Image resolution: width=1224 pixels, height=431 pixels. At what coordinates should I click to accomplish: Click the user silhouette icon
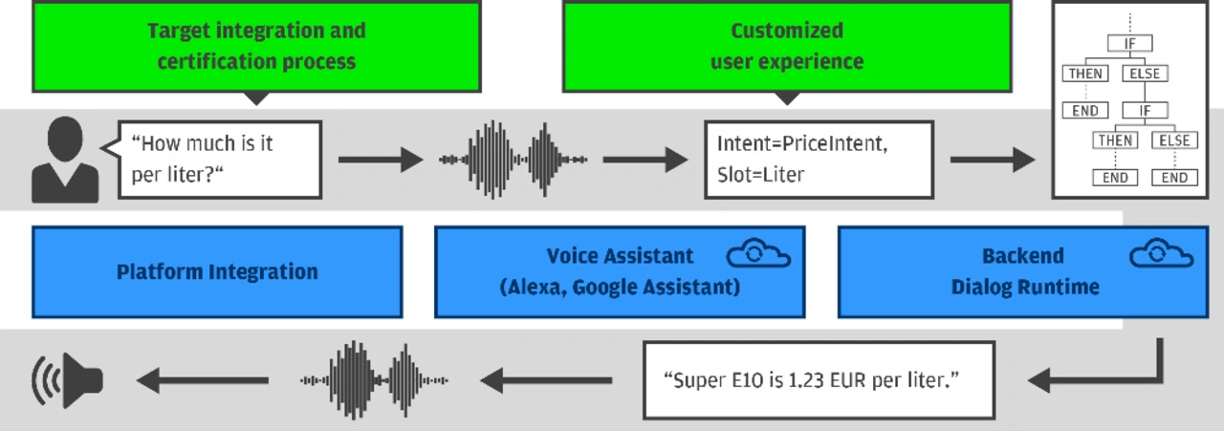65,160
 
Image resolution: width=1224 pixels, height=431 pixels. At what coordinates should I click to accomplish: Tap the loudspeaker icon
68,380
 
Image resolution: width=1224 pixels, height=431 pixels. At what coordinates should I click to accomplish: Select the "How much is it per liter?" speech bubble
220,160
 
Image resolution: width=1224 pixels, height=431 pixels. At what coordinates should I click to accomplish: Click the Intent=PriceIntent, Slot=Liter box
820,160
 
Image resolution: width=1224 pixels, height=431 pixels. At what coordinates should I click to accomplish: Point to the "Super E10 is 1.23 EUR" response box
820,380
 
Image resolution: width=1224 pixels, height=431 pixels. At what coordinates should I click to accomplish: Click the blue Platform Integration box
217,272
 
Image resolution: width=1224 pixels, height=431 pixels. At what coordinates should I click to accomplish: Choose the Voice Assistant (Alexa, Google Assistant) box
620,272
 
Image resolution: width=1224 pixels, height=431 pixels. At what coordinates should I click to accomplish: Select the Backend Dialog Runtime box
1023,272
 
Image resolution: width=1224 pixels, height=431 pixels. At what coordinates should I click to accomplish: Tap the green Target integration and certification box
257,47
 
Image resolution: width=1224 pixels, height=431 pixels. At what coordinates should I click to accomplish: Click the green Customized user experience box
787,47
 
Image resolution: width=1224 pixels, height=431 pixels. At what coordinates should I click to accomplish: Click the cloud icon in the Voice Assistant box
758,253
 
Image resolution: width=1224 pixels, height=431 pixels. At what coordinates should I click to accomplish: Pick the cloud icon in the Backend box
1162,253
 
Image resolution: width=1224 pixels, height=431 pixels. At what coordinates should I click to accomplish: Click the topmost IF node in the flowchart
1130,43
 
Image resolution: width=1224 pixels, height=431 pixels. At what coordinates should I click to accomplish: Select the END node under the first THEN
1085,110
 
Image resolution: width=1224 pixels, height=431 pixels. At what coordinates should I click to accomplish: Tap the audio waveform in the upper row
514,160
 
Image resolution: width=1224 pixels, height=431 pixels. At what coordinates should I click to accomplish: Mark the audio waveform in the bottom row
374,380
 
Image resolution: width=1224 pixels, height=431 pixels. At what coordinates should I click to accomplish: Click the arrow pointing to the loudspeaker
202,380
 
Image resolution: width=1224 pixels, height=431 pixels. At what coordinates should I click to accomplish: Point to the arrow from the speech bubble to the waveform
381,160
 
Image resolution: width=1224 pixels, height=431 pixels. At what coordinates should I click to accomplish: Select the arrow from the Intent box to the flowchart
993,160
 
